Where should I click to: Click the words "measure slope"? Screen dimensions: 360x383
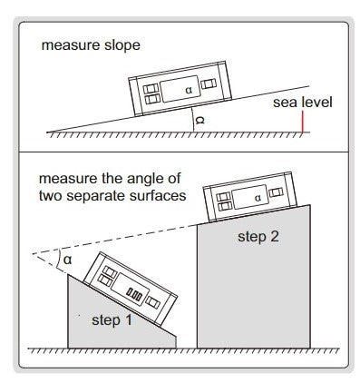(91, 45)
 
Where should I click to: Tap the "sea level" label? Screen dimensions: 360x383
(303, 103)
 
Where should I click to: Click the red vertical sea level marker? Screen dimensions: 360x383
(302, 122)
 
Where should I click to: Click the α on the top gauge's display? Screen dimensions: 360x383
(189, 90)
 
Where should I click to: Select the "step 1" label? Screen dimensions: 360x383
(112, 320)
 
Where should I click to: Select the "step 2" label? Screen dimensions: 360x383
(258, 237)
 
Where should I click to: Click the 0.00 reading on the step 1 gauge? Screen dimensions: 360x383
(134, 295)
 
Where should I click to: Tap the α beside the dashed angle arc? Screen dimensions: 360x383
(67, 260)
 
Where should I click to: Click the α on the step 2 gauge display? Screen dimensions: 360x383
(258, 198)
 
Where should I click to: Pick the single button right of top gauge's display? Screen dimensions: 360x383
(209, 83)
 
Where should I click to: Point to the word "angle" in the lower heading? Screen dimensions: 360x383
(142, 180)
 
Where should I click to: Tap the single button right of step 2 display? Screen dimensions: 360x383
(276, 192)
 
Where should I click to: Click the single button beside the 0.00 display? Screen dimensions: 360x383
(153, 302)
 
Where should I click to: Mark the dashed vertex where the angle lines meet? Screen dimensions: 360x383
(33, 253)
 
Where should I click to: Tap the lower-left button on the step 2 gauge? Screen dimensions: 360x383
(225, 206)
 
